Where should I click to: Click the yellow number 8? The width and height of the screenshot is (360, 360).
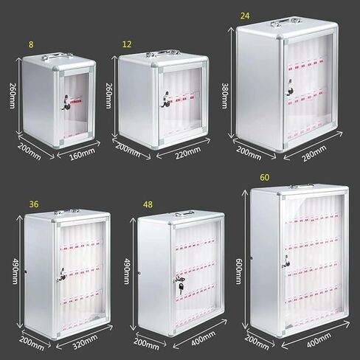pos(31,44)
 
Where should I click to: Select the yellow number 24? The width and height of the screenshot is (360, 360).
pos(245,14)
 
